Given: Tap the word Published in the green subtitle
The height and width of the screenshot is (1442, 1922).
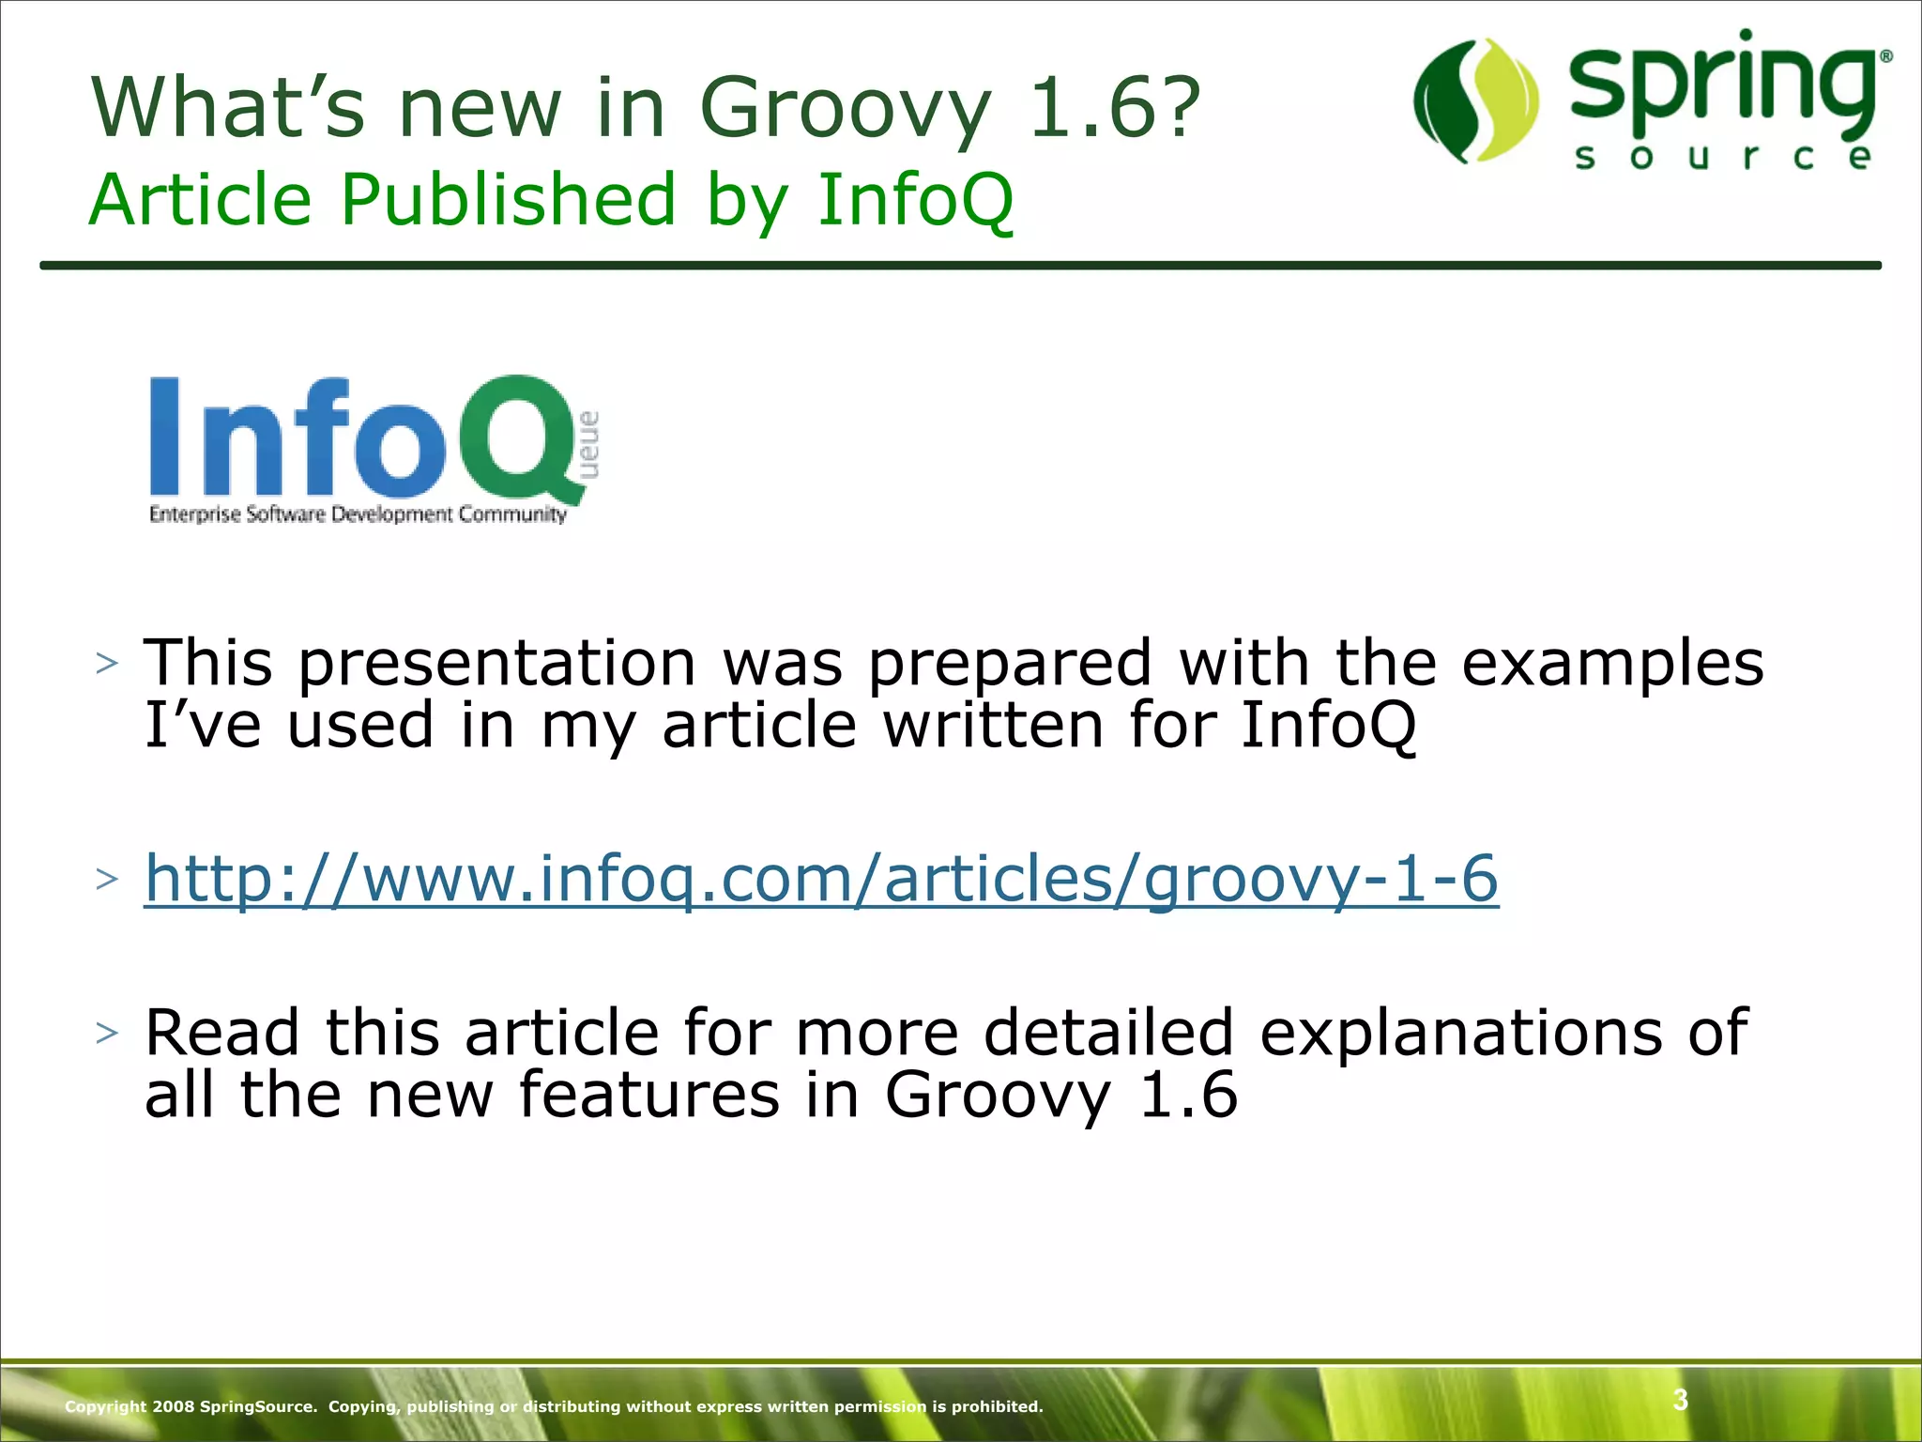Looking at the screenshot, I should [507, 199].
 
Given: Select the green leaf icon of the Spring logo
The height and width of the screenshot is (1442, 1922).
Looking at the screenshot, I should [1475, 101].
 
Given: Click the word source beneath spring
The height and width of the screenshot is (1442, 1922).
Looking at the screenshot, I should [1723, 157].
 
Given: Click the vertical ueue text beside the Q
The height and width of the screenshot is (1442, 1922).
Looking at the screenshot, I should [588, 445].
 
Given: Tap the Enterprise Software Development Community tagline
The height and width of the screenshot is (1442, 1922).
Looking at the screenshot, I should [358, 514].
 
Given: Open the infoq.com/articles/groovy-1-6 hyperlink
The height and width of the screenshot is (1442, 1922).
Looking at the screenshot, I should [820, 879].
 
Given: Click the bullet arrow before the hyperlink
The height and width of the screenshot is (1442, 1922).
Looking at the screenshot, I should [107, 879].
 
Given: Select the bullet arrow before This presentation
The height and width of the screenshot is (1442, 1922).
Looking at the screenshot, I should [107, 663].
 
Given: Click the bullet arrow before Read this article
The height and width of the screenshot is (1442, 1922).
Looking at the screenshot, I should [107, 1033].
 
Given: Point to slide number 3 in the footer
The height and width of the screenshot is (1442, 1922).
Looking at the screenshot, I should [1680, 1400].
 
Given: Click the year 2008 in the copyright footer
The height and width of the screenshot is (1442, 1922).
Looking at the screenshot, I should [174, 1406].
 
